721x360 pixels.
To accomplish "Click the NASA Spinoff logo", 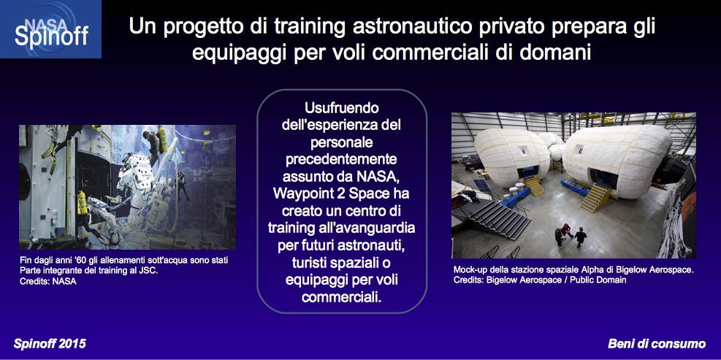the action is tap(50, 29).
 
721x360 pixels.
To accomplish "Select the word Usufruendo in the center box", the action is tap(342, 109).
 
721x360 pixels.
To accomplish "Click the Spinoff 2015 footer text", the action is tap(50, 344).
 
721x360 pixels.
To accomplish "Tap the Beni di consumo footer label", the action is tap(657, 344).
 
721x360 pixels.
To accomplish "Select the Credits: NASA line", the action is tap(47, 281).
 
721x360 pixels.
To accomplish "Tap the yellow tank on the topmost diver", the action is tap(163, 139).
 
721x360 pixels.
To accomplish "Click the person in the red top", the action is tap(565, 230).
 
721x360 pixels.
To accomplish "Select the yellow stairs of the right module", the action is tap(595, 196).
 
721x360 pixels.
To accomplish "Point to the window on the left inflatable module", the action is tap(523, 151).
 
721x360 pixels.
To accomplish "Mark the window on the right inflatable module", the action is tap(579, 150).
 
